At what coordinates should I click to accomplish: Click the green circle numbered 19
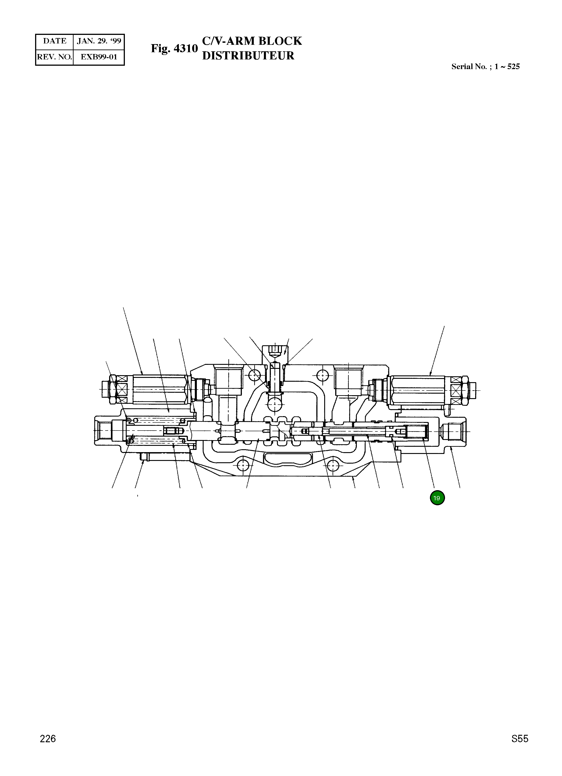[x=437, y=498]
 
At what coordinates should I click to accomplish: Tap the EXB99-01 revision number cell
[x=99, y=57]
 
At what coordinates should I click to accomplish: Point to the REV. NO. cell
[x=55, y=57]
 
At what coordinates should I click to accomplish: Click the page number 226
[x=48, y=749]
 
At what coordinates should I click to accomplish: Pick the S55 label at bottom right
[x=520, y=749]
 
